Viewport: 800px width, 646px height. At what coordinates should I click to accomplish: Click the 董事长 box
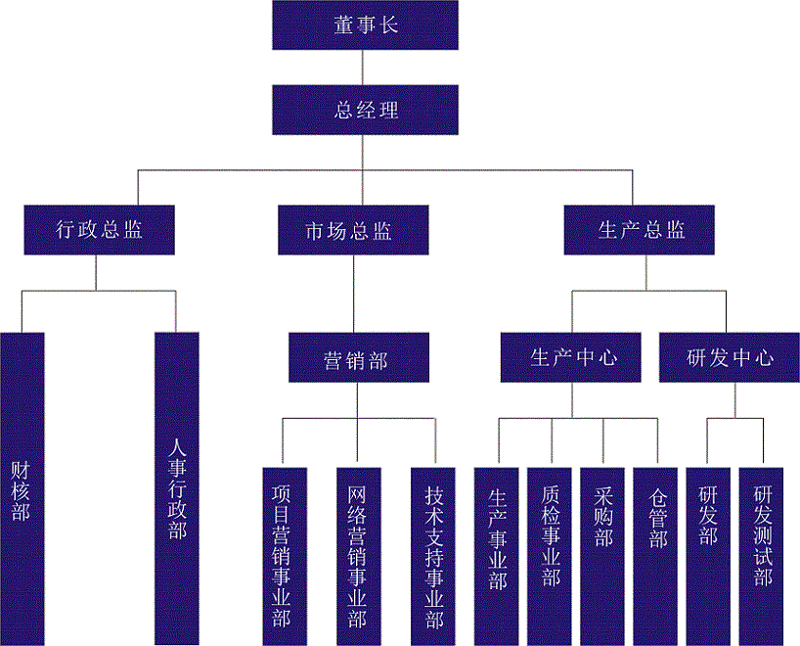(365, 24)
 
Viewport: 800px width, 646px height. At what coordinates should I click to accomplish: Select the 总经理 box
(365, 110)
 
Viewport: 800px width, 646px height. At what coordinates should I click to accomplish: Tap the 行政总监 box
(99, 230)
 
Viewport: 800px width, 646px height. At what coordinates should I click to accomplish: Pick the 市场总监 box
(351, 230)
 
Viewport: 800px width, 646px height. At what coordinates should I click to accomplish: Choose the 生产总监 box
(641, 230)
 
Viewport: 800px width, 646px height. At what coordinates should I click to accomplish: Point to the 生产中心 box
(573, 358)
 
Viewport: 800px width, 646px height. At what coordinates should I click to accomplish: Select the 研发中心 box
(730, 358)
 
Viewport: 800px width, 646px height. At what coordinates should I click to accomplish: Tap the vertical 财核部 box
(22, 489)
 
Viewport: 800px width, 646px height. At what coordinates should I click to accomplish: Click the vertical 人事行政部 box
(176, 489)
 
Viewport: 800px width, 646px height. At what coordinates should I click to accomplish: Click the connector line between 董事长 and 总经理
(365, 68)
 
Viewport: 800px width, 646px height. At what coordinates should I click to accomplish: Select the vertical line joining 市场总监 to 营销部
(351, 294)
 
